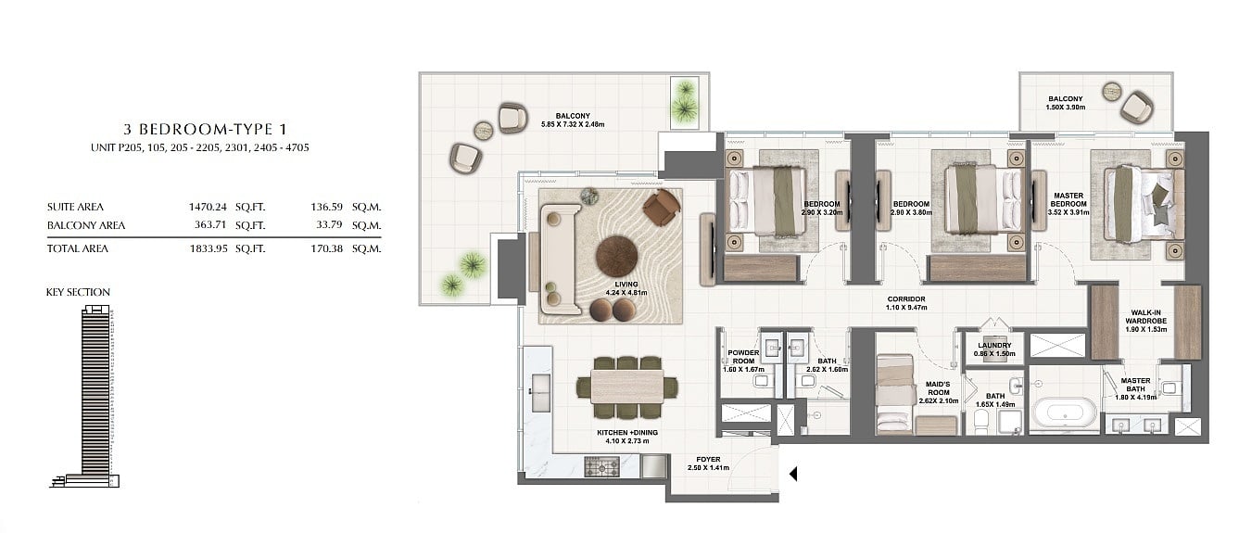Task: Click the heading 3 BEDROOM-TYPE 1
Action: (x=205, y=130)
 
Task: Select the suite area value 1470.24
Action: (x=208, y=207)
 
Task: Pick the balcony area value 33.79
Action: (x=329, y=224)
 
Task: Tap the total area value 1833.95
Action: (x=209, y=248)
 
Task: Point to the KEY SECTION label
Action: (x=78, y=292)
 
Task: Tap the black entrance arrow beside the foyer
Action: (x=793, y=474)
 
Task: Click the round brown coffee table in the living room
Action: (x=616, y=256)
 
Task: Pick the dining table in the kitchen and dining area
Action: (x=627, y=386)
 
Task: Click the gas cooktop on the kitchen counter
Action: (x=601, y=466)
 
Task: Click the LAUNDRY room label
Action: (x=994, y=346)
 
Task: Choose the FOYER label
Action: (x=708, y=460)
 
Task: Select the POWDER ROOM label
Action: (x=743, y=357)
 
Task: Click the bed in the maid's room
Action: (x=894, y=394)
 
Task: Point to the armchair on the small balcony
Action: (x=1137, y=107)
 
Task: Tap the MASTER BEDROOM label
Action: (x=1068, y=200)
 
